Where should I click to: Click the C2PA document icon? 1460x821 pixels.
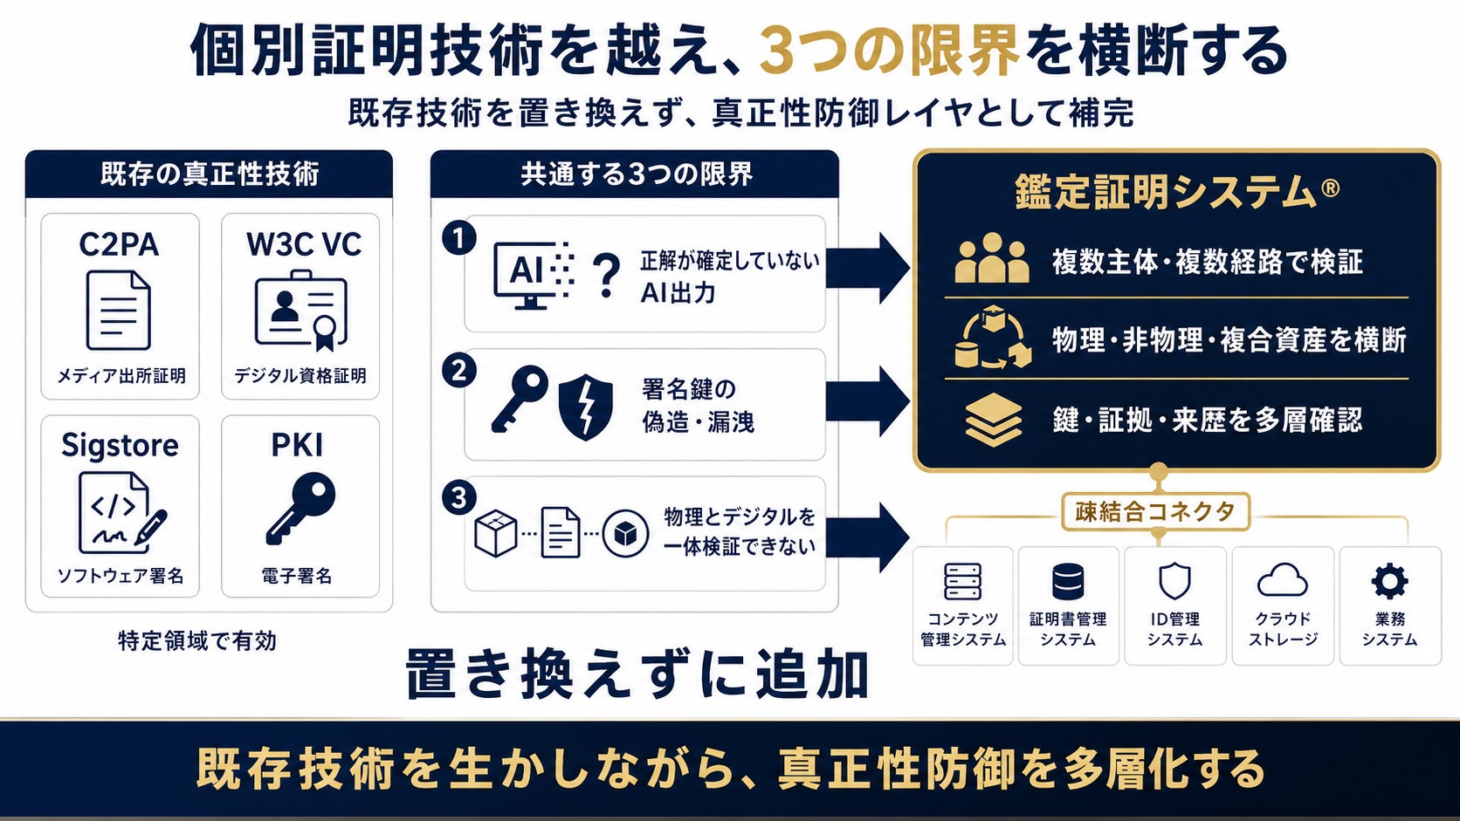point(119,311)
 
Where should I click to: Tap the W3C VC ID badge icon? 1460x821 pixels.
point(300,311)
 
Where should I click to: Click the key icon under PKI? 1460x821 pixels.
point(300,509)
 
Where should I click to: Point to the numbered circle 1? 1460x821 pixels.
point(458,238)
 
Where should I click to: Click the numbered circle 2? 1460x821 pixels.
point(458,371)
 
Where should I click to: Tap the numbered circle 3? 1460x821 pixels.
point(458,498)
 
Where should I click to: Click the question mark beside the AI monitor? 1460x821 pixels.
point(605,277)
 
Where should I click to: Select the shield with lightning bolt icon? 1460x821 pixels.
point(586,407)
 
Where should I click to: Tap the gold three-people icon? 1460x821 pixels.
point(992,258)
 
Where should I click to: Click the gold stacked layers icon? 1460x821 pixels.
point(994,420)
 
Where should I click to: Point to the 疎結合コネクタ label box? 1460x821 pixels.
point(1155,512)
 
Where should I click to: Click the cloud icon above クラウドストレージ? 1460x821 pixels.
point(1282,580)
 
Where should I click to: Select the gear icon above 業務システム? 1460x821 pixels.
point(1389,581)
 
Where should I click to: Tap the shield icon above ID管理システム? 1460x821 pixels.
point(1174,581)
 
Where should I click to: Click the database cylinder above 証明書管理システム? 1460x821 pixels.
point(1068,581)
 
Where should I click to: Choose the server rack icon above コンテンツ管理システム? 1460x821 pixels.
point(962,581)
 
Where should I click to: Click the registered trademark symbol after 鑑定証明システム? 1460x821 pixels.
point(1330,188)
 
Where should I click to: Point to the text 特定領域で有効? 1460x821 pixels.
point(197,640)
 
